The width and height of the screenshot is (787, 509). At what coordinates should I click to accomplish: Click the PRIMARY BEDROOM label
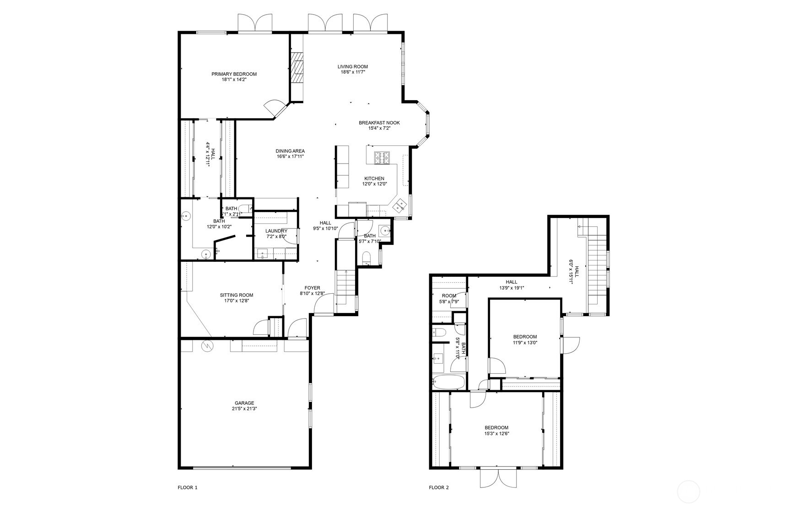click(234, 74)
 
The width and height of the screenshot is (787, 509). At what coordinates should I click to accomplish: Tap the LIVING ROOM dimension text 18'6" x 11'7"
click(352, 72)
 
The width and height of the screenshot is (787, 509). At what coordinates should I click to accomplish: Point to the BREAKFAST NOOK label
click(379, 123)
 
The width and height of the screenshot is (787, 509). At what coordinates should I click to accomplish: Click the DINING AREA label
click(290, 151)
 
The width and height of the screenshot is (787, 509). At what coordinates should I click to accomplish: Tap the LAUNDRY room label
click(276, 231)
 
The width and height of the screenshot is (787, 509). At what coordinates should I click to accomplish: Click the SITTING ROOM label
click(236, 295)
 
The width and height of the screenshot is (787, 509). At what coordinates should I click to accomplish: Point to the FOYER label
click(313, 288)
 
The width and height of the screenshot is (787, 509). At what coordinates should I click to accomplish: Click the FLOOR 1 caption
click(188, 488)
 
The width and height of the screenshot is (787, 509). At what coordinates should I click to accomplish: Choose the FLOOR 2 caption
click(439, 488)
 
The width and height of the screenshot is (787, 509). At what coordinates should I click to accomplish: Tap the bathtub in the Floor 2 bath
click(449, 382)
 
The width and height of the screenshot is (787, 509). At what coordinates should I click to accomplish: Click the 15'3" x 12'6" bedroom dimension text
click(496, 434)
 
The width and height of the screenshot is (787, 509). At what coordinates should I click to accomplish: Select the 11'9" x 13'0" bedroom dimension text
click(525, 342)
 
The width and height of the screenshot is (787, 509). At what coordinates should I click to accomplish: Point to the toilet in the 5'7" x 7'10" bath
click(367, 258)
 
